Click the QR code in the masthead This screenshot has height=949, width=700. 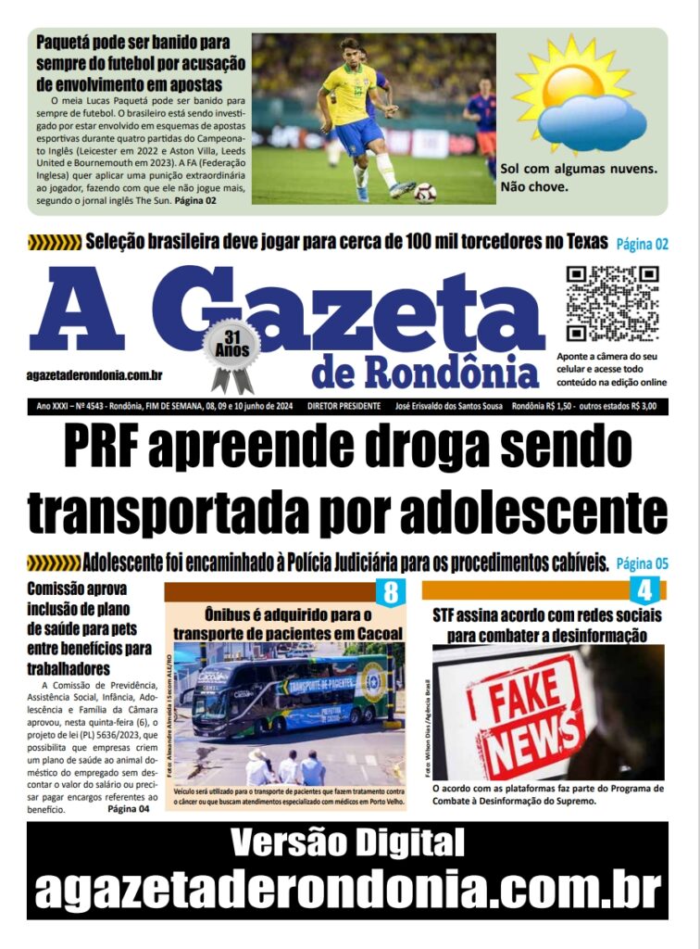(x=612, y=304)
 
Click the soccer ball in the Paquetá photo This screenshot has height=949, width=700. (x=425, y=192)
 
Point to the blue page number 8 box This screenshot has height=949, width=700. (x=390, y=590)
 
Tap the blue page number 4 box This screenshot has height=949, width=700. (x=644, y=590)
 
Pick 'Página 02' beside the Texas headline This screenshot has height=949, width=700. (x=642, y=245)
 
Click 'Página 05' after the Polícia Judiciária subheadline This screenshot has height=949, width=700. (x=642, y=563)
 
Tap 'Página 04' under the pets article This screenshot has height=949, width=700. (x=129, y=809)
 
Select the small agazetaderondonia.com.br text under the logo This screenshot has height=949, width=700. (x=95, y=374)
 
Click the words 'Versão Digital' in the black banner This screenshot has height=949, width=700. (x=348, y=843)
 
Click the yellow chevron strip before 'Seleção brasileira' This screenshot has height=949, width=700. (x=55, y=244)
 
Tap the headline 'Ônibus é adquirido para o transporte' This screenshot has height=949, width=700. (x=288, y=624)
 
